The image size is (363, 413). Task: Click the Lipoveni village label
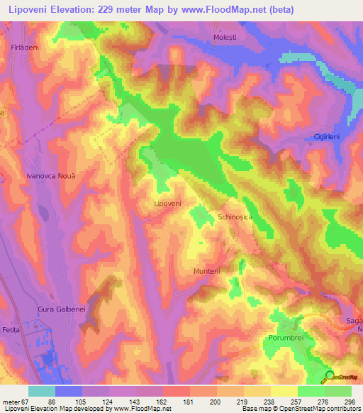(x=168, y=203)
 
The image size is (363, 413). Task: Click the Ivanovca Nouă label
(x=50, y=175)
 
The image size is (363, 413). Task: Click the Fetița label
(x=12, y=331)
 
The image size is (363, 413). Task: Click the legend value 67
(x=26, y=401)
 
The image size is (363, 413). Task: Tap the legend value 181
(x=189, y=401)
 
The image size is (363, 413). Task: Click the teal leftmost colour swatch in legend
(x=42, y=391)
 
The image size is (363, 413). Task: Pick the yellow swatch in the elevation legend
(x=284, y=391)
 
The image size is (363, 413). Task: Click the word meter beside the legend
(x=10, y=401)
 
